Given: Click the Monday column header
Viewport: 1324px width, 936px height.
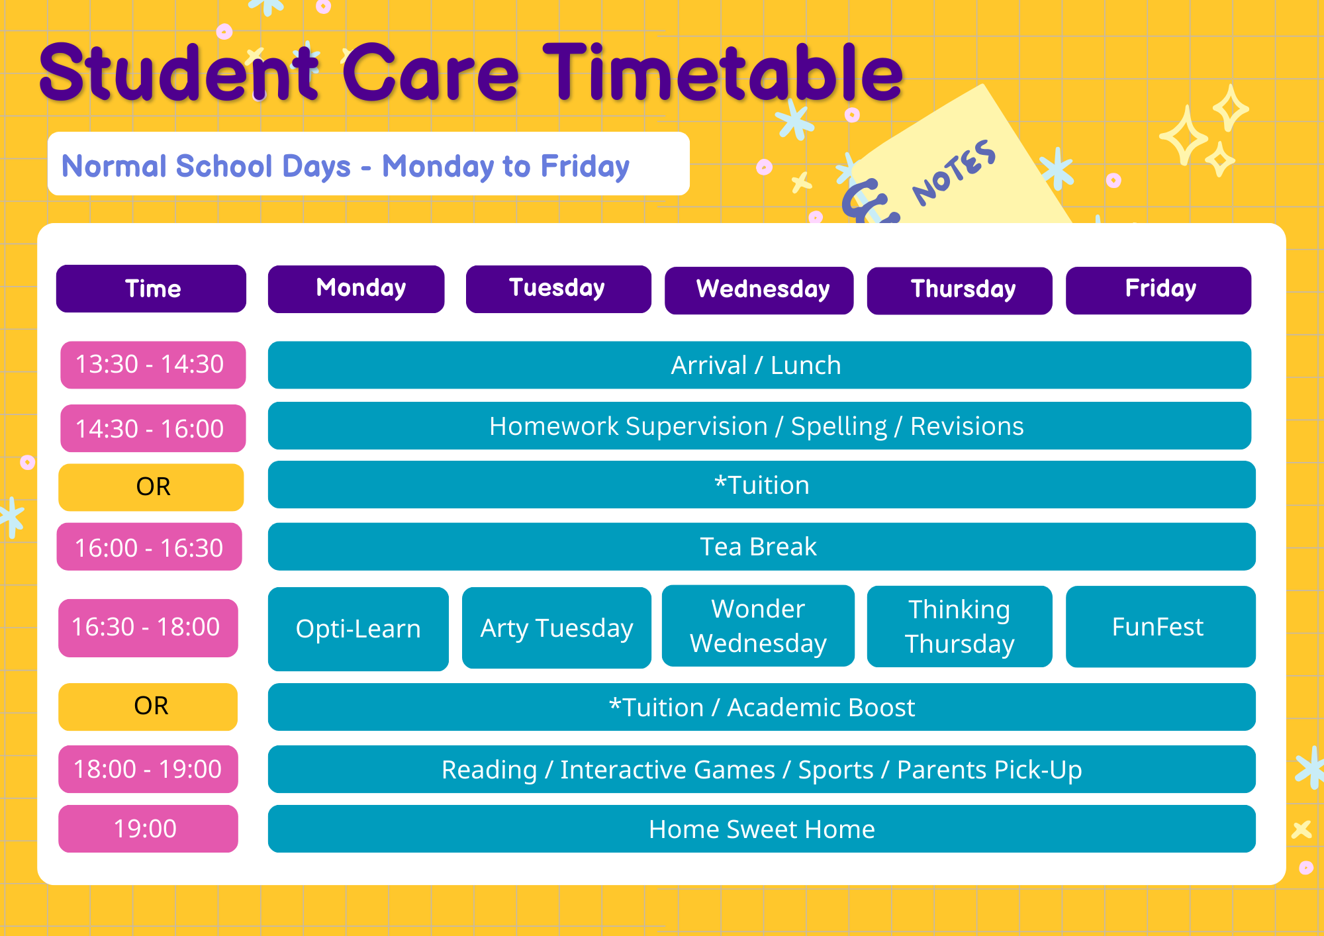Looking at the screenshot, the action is tap(356, 289).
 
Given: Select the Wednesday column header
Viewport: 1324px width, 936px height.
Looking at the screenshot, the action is tap(759, 290).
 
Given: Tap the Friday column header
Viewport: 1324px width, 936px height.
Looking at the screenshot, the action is tap(1158, 290).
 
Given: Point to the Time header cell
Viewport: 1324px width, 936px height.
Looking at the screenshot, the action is tap(151, 289).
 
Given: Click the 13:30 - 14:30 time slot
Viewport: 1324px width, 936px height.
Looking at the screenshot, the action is tap(153, 365).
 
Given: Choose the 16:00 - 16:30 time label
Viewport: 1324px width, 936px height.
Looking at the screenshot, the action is tap(150, 547).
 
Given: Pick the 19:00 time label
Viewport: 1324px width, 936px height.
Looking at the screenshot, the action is tap(148, 829).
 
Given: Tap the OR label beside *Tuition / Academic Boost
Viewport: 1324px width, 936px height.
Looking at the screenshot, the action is tap(148, 707).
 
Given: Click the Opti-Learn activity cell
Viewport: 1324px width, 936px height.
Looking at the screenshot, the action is tap(358, 629).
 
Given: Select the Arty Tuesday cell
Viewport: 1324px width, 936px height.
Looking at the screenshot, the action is tap(557, 628).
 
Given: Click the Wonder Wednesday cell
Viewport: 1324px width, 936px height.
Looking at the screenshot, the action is tap(758, 626).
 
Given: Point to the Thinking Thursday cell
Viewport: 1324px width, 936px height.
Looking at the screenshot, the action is tap(960, 626).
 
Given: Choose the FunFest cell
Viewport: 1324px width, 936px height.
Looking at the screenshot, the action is tap(1160, 626).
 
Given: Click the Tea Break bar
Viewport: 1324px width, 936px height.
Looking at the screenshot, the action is tap(762, 547).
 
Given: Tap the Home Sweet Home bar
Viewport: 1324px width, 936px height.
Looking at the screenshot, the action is tap(762, 829).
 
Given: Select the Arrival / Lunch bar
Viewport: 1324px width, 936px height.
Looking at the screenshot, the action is tap(759, 365).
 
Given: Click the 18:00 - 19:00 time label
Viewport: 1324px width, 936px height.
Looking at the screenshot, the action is tap(148, 769).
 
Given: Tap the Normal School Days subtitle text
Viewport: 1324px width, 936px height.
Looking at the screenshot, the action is tap(206, 166).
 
